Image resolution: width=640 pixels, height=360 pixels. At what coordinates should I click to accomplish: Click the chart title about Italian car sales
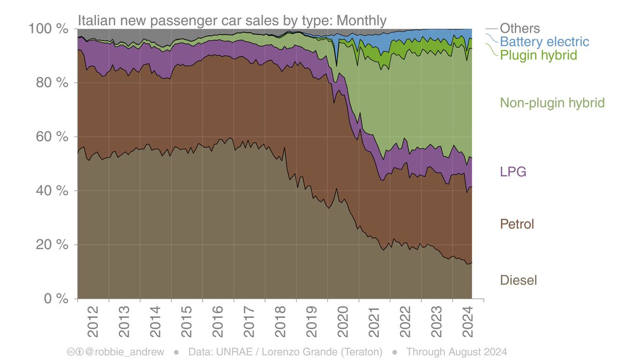(232, 21)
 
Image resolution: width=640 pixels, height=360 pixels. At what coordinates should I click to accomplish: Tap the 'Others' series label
(519, 29)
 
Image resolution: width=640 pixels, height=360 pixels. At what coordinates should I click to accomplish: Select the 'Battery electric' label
(545, 42)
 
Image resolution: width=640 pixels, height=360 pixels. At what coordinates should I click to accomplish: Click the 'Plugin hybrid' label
(539, 55)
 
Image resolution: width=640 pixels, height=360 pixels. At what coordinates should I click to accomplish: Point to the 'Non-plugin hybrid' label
(552, 103)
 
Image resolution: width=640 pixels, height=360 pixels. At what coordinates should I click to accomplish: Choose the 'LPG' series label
(513, 172)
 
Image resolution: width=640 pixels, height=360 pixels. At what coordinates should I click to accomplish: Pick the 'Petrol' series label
(517, 224)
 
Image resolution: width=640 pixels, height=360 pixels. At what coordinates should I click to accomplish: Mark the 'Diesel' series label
(518, 280)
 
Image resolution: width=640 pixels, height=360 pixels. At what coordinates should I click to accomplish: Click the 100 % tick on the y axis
(47, 29)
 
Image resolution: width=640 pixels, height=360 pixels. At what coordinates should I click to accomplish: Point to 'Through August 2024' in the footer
(456, 352)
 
